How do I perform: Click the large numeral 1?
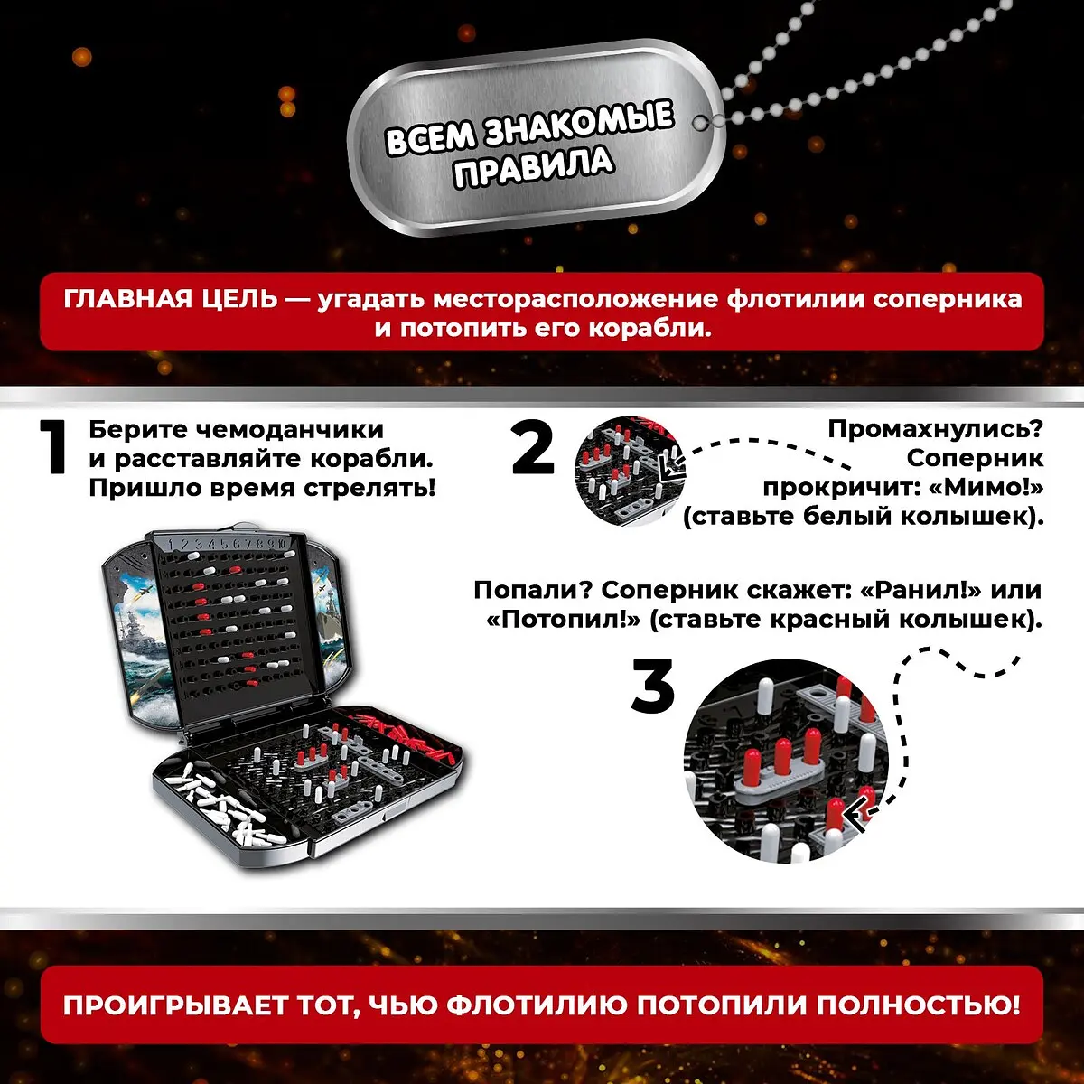(55, 447)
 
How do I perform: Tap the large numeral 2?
(533, 447)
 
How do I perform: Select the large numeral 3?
(652, 686)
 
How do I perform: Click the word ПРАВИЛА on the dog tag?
(533, 166)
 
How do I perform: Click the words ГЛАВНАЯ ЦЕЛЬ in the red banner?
(171, 299)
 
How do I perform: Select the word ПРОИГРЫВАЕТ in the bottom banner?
(175, 1005)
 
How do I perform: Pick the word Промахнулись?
(935, 430)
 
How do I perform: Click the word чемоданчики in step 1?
(292, 430)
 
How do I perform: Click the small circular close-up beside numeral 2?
(630, 472)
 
